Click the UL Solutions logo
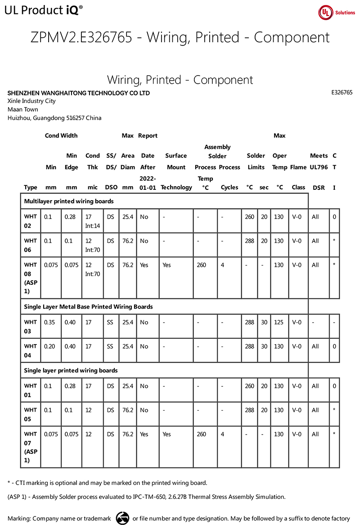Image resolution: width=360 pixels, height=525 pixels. click(x=337, y=13)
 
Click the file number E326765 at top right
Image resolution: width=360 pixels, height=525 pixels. click(x=342, y=92)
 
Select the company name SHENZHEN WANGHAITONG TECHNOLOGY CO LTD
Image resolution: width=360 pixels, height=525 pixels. click(x=79, y=93)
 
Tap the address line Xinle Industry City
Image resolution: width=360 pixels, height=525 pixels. click(x=31, y=101)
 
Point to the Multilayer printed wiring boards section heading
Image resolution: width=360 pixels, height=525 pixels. click(x=68, y=201)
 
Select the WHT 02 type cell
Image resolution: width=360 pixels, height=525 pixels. click(x=31, y=221)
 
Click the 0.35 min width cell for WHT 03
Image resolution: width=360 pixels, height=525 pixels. click(x=51, y=322)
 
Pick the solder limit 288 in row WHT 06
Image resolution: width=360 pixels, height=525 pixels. click(x=249, y=241)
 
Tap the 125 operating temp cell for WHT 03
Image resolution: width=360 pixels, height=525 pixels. click(x=279, y=322)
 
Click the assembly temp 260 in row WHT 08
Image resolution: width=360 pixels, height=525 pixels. click(x=202, y=265)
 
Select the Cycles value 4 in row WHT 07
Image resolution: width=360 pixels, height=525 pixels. click(x=223, y=434)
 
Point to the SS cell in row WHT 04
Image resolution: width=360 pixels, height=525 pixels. click(x=111, y=346)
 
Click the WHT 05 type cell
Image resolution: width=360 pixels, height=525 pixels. click(x=31, y=414)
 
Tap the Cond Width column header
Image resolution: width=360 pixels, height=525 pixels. click(x=61, y=135)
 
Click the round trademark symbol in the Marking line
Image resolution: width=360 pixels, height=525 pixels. click(x=122, y=518)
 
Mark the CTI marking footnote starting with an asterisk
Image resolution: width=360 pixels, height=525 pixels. click(x=108, y=483)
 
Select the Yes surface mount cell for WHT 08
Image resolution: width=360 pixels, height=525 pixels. click(x=166, y=265)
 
